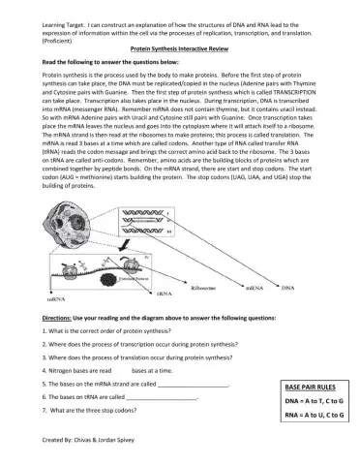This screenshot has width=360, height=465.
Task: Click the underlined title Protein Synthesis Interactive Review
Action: coord(181,46)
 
